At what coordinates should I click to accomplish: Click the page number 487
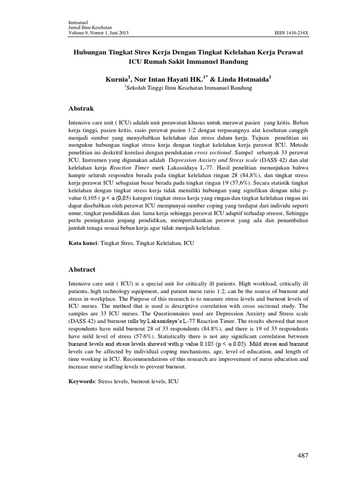pos(302,456)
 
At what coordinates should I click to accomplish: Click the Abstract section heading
pos(82,270)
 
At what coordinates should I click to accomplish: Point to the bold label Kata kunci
pos(82,244)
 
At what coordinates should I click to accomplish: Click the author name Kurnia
pos(118,81)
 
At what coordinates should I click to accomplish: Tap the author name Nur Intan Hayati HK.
pos(168,81)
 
